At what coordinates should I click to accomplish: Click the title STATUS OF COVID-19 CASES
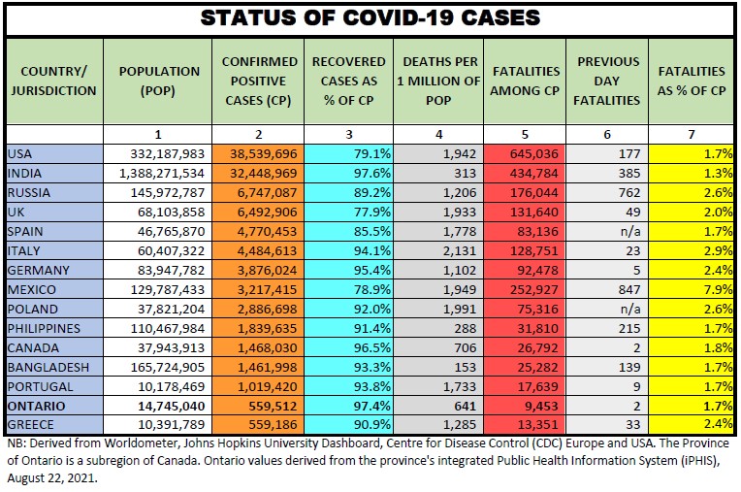(370, 18)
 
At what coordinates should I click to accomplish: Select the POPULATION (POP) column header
(159, 81)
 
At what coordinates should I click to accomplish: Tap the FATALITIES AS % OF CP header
(691, 81)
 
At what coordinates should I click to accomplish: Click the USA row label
(19, 152)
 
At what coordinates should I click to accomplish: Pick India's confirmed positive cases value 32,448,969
(261, 172)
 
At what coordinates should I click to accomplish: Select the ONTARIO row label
(35, 406)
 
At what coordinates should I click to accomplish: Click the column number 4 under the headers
(437, 132)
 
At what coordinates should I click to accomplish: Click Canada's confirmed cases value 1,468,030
(265, 347)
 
